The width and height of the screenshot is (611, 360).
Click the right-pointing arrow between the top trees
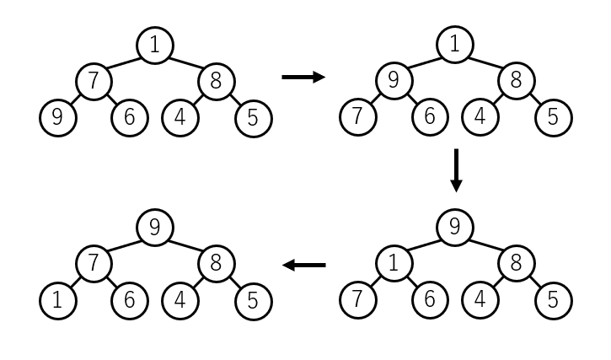pyautogui.click(x=303, y=78)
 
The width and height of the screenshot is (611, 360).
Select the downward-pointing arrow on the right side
pyautogui.click(x=456, y=170)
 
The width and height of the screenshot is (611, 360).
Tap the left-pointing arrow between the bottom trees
pyautogui.click(x=303, y=266)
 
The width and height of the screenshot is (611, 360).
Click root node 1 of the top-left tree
pyautogui.click(x=155, y=46)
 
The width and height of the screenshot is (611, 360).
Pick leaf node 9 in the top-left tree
pyautogui.click(x=58, y=118)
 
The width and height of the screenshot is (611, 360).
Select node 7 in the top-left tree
pyautogui.click(x=94, y=82)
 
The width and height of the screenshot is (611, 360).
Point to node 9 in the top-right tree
pyautogui.click(x=394, y=81)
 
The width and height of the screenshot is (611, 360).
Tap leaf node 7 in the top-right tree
pyautogui.click(x=358, y=117)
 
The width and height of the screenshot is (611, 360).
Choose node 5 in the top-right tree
pyautogui.click(x=554, y=118)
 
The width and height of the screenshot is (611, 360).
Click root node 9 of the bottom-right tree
pyautogui.click(x=455, y=228)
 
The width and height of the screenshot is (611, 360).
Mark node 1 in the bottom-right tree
pyautogui.click(x=394, y=264)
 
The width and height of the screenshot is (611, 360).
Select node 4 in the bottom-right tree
pyautogui.click(x=480, y=300)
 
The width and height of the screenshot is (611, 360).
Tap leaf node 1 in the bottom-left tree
pyautogui.click(x=58, y=301)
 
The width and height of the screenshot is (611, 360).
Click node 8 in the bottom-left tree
pyautogui.click(x=217, y=264)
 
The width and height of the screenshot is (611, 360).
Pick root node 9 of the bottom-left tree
pyautogui.click(x=155, y=228)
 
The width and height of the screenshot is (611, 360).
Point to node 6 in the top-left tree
pyautogui.click(x=130, y=118)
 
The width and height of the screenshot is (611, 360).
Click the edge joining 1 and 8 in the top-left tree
pyautogui.click(x=186, y=63)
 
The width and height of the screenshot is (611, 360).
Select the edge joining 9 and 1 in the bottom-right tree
pyautogui.click(x=424, y=245)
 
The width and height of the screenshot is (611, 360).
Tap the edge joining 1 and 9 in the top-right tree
pyautogui.click(x=424, y=62)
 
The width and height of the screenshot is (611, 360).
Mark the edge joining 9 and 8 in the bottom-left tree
pyautogui.click(x=186, y=245)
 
